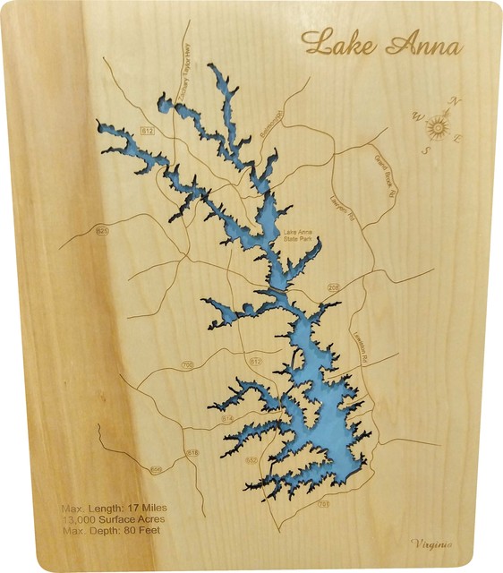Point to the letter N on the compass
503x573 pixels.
[456, 100]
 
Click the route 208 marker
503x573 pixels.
[333, 287]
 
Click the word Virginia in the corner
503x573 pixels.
[431, 543]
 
